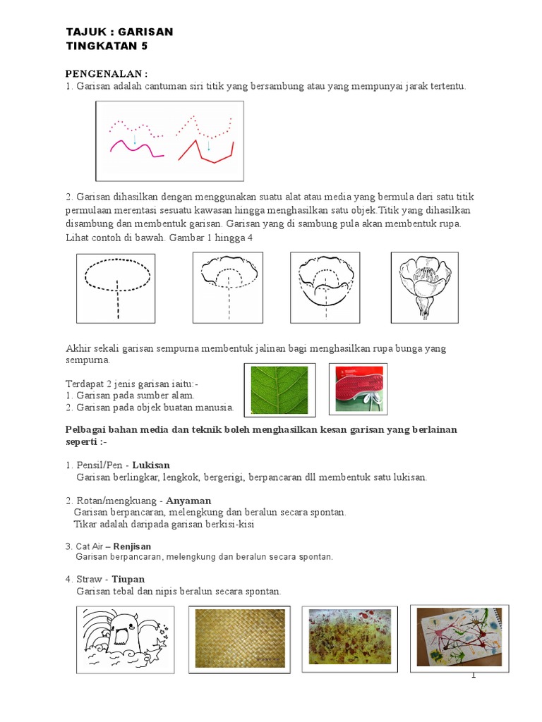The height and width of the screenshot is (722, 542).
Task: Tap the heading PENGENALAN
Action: coord(107,74)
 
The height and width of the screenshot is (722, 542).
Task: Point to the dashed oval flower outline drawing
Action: coord(117,288)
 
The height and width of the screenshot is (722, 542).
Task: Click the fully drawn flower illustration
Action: coord(425,288)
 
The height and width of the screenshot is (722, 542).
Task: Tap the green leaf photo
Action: coord(279,390)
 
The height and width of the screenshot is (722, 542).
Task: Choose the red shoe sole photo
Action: coord(359,389)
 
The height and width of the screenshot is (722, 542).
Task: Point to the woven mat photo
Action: coord(236,639)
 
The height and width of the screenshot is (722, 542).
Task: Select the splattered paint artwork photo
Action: coord(347,639)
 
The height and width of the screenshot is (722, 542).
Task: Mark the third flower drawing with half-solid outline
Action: coord(326,288)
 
